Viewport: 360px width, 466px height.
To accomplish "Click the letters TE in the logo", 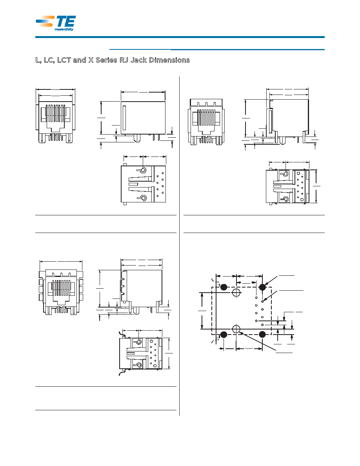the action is pos(66,22).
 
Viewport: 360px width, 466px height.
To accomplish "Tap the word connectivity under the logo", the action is pos(64,29).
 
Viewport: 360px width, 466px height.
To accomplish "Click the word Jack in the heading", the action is pos(139,60).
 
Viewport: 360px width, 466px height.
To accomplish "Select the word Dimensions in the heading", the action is pos(169,60).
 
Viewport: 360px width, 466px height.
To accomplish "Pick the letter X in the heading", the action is pos(91,60).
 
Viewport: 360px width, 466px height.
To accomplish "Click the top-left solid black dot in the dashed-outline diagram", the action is pos(224,287).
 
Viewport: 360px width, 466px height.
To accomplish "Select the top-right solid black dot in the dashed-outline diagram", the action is pos(262,287).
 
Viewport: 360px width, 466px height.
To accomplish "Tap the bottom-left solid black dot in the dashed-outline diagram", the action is pos(224,335).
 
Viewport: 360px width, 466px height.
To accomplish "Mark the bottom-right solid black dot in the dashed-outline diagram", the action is pos(262,335).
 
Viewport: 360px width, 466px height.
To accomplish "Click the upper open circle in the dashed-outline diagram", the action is pos(236,293).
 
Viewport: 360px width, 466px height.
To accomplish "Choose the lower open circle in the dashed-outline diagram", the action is pos(236,329).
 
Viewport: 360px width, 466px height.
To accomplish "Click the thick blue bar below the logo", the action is pos(180,37).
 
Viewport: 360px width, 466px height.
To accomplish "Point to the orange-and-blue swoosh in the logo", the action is pos(45,21).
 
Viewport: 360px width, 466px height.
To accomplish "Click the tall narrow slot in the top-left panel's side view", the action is pos(124,118).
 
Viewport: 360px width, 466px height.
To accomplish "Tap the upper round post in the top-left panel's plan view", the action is pos(143,170).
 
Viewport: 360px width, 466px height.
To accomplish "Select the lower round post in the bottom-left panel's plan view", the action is pos(138,365).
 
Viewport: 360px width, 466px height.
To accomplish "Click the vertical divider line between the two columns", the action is pos(180,246).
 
